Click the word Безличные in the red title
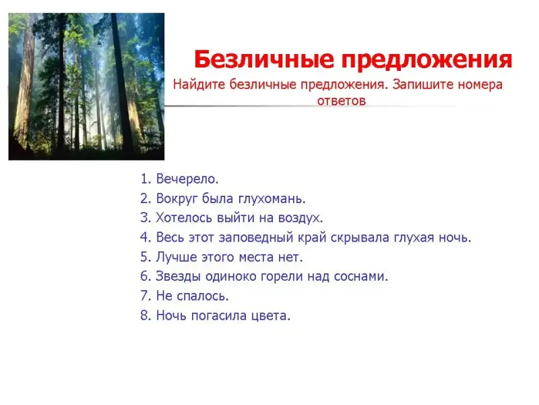click(264, 59)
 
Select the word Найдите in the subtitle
click(199, 84)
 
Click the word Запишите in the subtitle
click(422, 84)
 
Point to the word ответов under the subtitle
click(341, 101)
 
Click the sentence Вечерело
click(187, 179)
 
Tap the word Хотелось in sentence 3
click(184, 218)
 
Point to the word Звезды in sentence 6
click(178, 277)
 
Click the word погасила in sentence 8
click(218, 316)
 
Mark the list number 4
click(146, 238)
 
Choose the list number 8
click(146, 315)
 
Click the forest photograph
click(86, 86)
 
